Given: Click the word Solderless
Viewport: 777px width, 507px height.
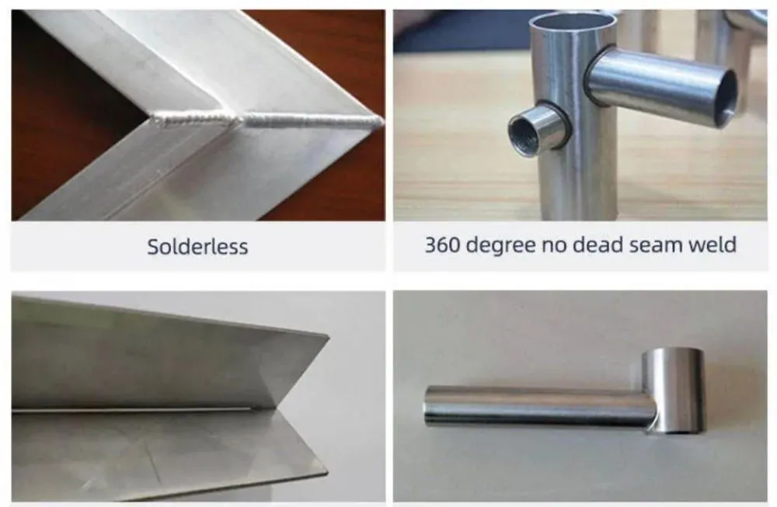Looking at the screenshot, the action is [x=197, y=247].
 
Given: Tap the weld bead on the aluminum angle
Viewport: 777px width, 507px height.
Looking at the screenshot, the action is [x=267, y=120].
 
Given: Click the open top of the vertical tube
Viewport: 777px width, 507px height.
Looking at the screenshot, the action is [x=573, y=21].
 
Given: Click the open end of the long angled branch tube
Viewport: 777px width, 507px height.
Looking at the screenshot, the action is [x=725, y=99].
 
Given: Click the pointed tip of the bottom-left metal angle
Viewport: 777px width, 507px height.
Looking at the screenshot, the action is [x=328, y=337].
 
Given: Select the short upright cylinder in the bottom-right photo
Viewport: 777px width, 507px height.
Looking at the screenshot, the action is [x=673, y=391].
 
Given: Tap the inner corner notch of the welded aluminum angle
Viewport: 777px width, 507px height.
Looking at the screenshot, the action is [x=149, y=119].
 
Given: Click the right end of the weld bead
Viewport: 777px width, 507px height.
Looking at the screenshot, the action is [x=382, y=121].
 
